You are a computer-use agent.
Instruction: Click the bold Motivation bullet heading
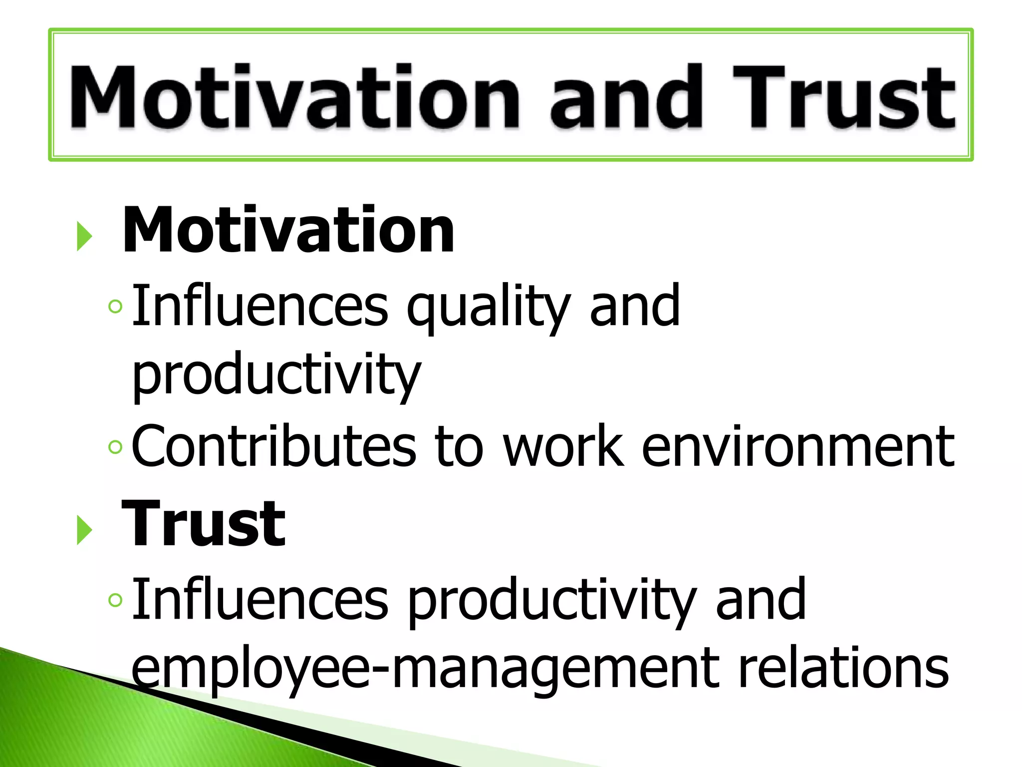point(288,230)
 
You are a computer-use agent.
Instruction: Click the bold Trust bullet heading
point(204,524)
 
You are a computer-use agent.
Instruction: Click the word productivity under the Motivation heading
point(276,375)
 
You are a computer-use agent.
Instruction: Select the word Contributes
point(273,445)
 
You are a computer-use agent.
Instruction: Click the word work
point(563,445)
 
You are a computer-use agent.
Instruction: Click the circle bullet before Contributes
point(115,447)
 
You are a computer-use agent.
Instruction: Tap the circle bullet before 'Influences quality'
point(115,306)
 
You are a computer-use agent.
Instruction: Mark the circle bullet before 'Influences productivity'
point(115,600)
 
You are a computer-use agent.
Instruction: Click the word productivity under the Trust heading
point(551,600)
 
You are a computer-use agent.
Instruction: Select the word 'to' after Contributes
point(459,446)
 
